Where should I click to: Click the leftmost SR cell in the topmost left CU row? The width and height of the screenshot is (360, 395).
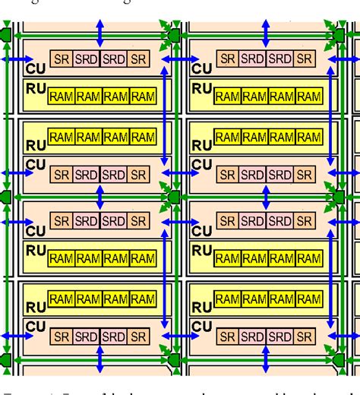tap(62, 58)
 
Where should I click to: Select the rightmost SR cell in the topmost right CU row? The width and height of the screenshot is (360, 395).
tap(304, 58)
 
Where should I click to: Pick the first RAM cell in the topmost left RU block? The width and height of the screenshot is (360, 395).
tap(62, 96)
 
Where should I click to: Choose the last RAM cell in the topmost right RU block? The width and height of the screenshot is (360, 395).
tap(309, 96)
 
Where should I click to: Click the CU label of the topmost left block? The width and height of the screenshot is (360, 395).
tap(34, 68)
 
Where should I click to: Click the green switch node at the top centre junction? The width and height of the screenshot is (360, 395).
tap(173, 35)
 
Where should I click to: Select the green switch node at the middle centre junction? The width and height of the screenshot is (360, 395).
tap(173, 197)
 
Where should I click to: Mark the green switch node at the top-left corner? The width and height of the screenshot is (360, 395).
tap(6, 35)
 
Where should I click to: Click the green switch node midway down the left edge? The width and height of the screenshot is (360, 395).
tap(6, 197)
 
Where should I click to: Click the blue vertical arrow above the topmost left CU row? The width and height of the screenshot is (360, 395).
tap(99, 35)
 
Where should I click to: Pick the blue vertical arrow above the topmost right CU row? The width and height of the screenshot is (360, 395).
tap(265, 35)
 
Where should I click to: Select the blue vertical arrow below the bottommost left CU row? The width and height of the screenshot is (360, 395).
tap(99, 359)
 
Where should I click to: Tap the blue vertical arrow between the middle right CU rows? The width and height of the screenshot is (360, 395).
tap(265, 197)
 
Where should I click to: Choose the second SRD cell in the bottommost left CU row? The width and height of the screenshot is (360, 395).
tap(113, 336)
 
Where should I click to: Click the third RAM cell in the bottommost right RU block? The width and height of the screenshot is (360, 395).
tap(282, 299)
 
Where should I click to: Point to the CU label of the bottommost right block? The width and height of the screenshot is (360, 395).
tap(201, 325)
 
